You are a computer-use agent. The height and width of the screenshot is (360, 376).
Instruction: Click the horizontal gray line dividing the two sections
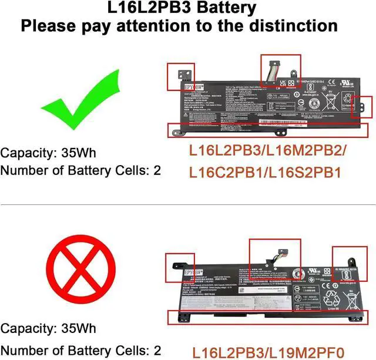coord(188,205)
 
